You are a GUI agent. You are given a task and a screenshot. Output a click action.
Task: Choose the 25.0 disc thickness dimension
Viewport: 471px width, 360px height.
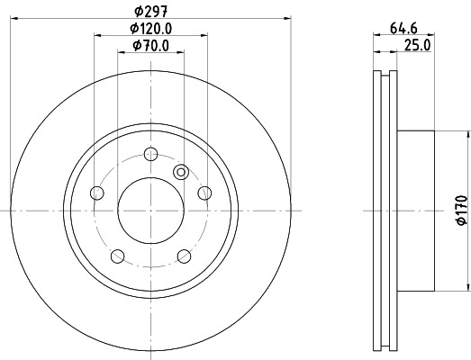click(x=414, y=44)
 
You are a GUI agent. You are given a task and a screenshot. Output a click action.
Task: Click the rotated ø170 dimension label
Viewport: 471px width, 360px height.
click(x=460, y=209)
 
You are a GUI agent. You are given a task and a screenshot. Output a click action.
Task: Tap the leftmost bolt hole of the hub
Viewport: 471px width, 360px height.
click(x=97, y=192)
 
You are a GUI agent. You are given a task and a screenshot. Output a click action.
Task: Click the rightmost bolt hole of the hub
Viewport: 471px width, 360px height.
click(x=204, y=192)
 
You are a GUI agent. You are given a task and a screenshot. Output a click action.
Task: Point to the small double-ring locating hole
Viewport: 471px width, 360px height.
click(x=180, y=172)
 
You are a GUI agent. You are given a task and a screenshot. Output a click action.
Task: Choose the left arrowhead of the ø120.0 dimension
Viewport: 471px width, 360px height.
click(x=96, y=35)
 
